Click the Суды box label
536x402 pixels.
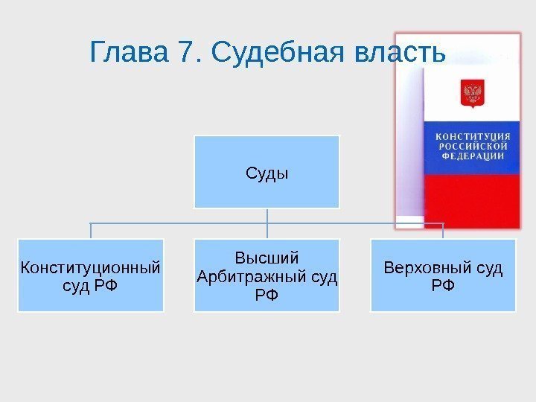coord(267,174)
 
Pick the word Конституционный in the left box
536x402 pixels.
coord(91,267)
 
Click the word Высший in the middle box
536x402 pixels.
coord(267,258)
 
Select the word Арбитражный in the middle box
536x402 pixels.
coord(253,277)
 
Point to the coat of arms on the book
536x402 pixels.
coord(473,94)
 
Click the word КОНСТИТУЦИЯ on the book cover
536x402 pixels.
coord(473,136)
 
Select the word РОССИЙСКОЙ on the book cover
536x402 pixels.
coord(473,147)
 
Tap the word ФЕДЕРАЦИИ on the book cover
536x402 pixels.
coord(473,157)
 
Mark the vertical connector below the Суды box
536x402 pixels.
coord(267,216)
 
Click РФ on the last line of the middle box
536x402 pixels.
coord(267,295)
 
